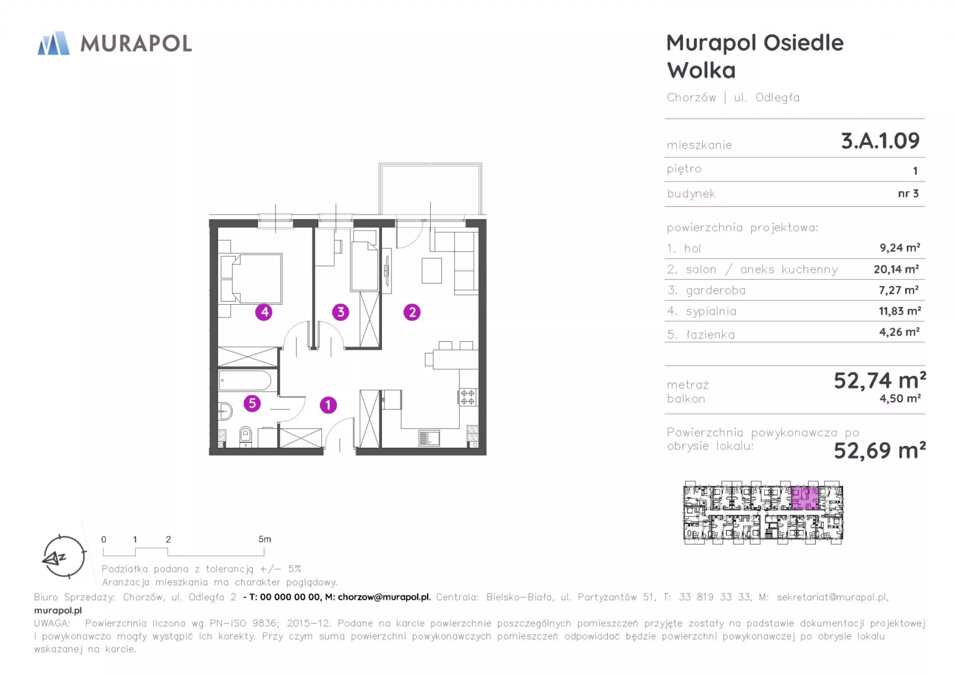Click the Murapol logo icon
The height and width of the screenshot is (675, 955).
pos(54,43)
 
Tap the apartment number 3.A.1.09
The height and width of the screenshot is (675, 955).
pos(880,141)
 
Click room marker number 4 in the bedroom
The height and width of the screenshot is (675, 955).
pos(264,312)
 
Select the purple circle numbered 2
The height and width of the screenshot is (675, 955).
pos(412,312)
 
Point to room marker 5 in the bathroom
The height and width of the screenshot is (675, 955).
pos(252,403)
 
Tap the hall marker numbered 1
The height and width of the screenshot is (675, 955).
pos(328,405)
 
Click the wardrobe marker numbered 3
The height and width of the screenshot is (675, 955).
pos(341,312)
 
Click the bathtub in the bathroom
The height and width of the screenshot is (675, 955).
pos(245,381)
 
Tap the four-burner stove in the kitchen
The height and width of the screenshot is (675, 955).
pos(468,397)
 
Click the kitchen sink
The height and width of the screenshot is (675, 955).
pos(429,438)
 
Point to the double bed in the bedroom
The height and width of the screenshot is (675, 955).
pos(251,279)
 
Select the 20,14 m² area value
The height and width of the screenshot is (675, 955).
pos(896,269)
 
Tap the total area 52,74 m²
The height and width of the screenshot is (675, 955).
pos(879,381)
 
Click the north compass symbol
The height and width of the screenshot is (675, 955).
pos(64,557)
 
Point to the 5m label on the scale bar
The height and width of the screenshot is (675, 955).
pos(265,539)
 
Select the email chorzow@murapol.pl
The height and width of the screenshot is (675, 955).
pos(384,597)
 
